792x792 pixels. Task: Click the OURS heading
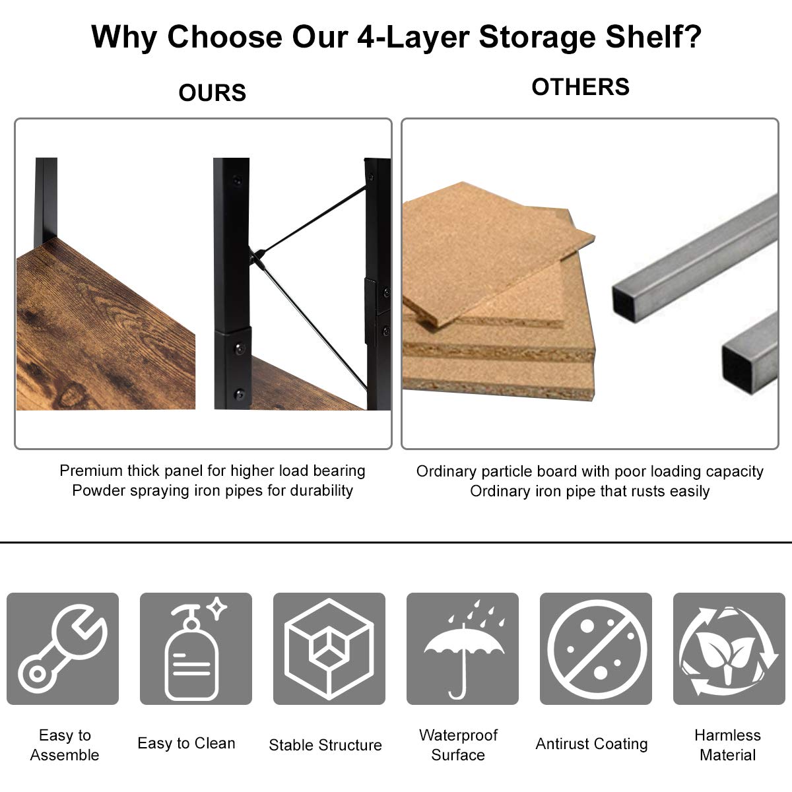click(x=212, y=92)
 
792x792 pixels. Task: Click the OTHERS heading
click(x=580, y=86)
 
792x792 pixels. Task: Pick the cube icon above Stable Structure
click(x=329, y=649)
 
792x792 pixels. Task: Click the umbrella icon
click(x=463, y=650)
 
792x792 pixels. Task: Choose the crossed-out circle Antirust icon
click(x=596, y=649)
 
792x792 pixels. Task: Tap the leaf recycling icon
click(x=729, y=650)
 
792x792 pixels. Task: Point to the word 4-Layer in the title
click(x=413, y=38)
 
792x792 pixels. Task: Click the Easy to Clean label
click(x=186, y=743)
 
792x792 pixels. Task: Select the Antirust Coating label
click(x=591, y=744)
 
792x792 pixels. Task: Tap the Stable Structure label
click(x=325, y=744)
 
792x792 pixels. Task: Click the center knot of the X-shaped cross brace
click(x=258, y=257)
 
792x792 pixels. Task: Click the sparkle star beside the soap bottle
click(x=216, y=608)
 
